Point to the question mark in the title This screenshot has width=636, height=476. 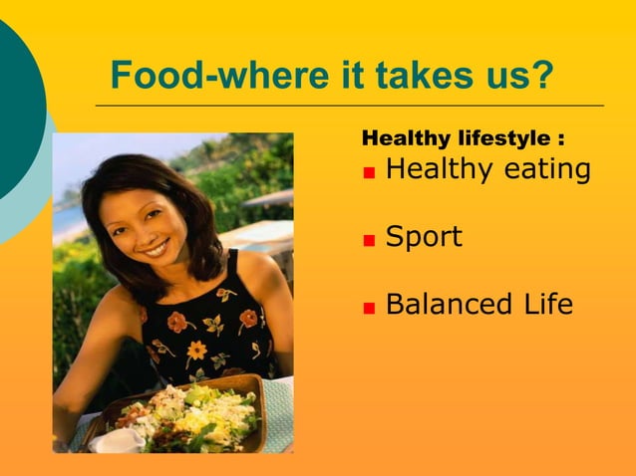(x=540, y=75)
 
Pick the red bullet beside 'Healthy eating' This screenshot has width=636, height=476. (x=369, y=171)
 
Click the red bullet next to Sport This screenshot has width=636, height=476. (x=369, y=240)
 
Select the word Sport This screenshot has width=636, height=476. (x=424, y=238)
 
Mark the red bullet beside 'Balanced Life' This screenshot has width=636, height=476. (x=369, y=307)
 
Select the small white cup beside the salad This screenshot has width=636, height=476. (x=118, y=439)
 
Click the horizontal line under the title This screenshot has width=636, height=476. (x=349, y=105)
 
